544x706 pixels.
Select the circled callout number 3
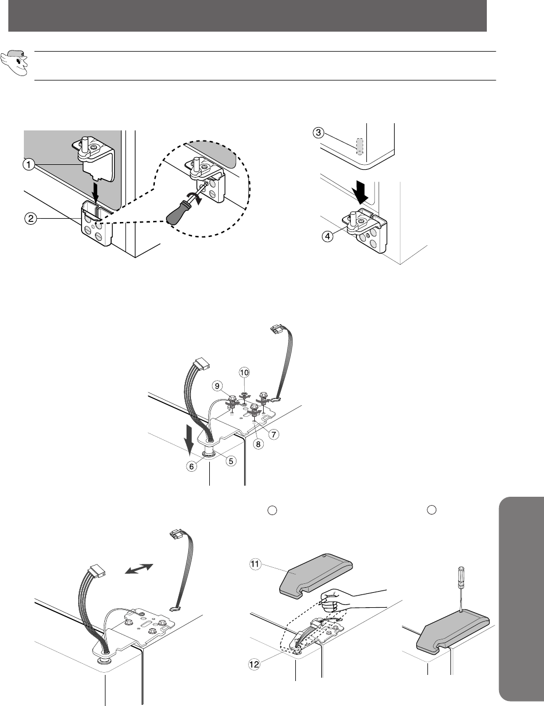pos(318,133)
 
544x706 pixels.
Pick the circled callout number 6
pos(192,466)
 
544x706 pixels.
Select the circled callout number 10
pos(244,372)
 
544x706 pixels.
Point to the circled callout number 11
pos(255,564)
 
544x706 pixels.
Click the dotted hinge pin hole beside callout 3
pos(359,147)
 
